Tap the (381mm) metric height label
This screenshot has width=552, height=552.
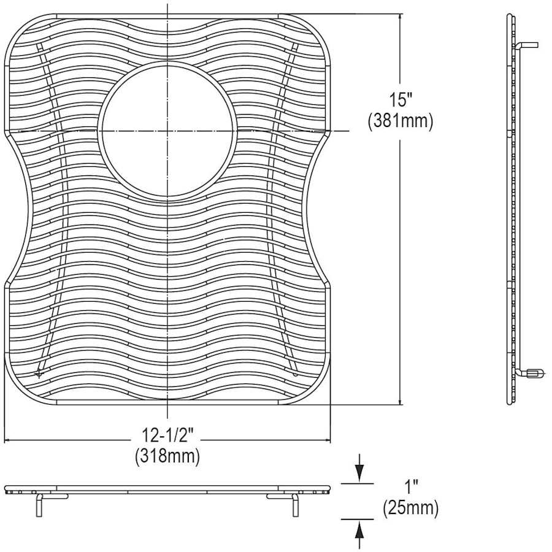tap(401, 121)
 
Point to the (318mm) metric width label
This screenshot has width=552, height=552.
tap(167, 456)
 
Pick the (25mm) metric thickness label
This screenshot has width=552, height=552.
tap(411, 508)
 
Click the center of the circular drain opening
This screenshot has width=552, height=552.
tap(167, 131)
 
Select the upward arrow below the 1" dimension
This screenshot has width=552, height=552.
tap(360, 529)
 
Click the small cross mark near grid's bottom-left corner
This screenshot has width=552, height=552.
tap(40, 372)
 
